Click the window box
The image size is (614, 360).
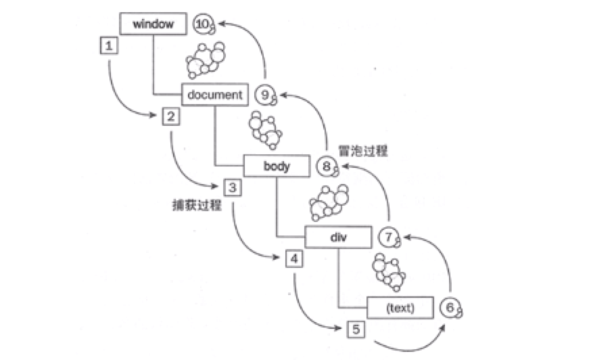coord(153,24)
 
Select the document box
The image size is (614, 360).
coord(214,95)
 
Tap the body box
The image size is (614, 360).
coord(276,166)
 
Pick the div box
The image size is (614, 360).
coord(338,237)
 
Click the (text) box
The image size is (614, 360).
coord(399,308)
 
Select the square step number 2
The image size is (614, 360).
coord(171,117)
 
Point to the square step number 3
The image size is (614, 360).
coord(233,187)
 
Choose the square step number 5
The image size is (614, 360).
coord(356,329)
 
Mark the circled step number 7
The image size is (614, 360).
coord(387,237)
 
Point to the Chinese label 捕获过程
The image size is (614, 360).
coord(197,204)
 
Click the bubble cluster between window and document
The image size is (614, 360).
coord(204,60)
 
